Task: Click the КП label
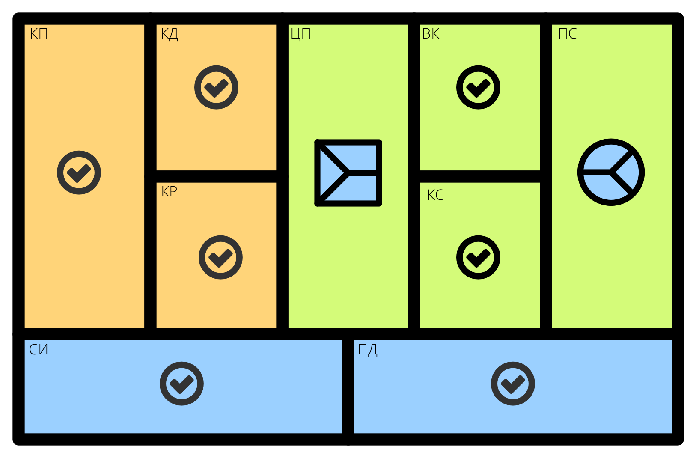[x=39, y=33]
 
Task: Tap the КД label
[x=170, y=34]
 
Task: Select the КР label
[x=169, y=191]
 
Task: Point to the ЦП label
[x=300, y=34]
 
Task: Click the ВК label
[x=431, y=34]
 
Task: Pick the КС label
[x=435, y=195]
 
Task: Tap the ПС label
[x=568, y=33]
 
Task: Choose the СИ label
[x=39, y=350]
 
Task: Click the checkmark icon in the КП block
[x=79, y=172]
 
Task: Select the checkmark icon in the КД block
[x=216, y=87]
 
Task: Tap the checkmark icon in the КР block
[x=220, y=257]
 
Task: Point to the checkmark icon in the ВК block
[x=478, y=87]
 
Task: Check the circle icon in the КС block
[x=478, y=257]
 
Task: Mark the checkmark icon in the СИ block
[x=181, y=384]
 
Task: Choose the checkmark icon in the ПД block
[x=513, y=384]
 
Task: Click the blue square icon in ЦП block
[x=348, y=172]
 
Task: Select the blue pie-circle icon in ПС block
[x=611, y=172]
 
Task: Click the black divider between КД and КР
[x=216, y=176]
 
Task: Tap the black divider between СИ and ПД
[x=348, y=387]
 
